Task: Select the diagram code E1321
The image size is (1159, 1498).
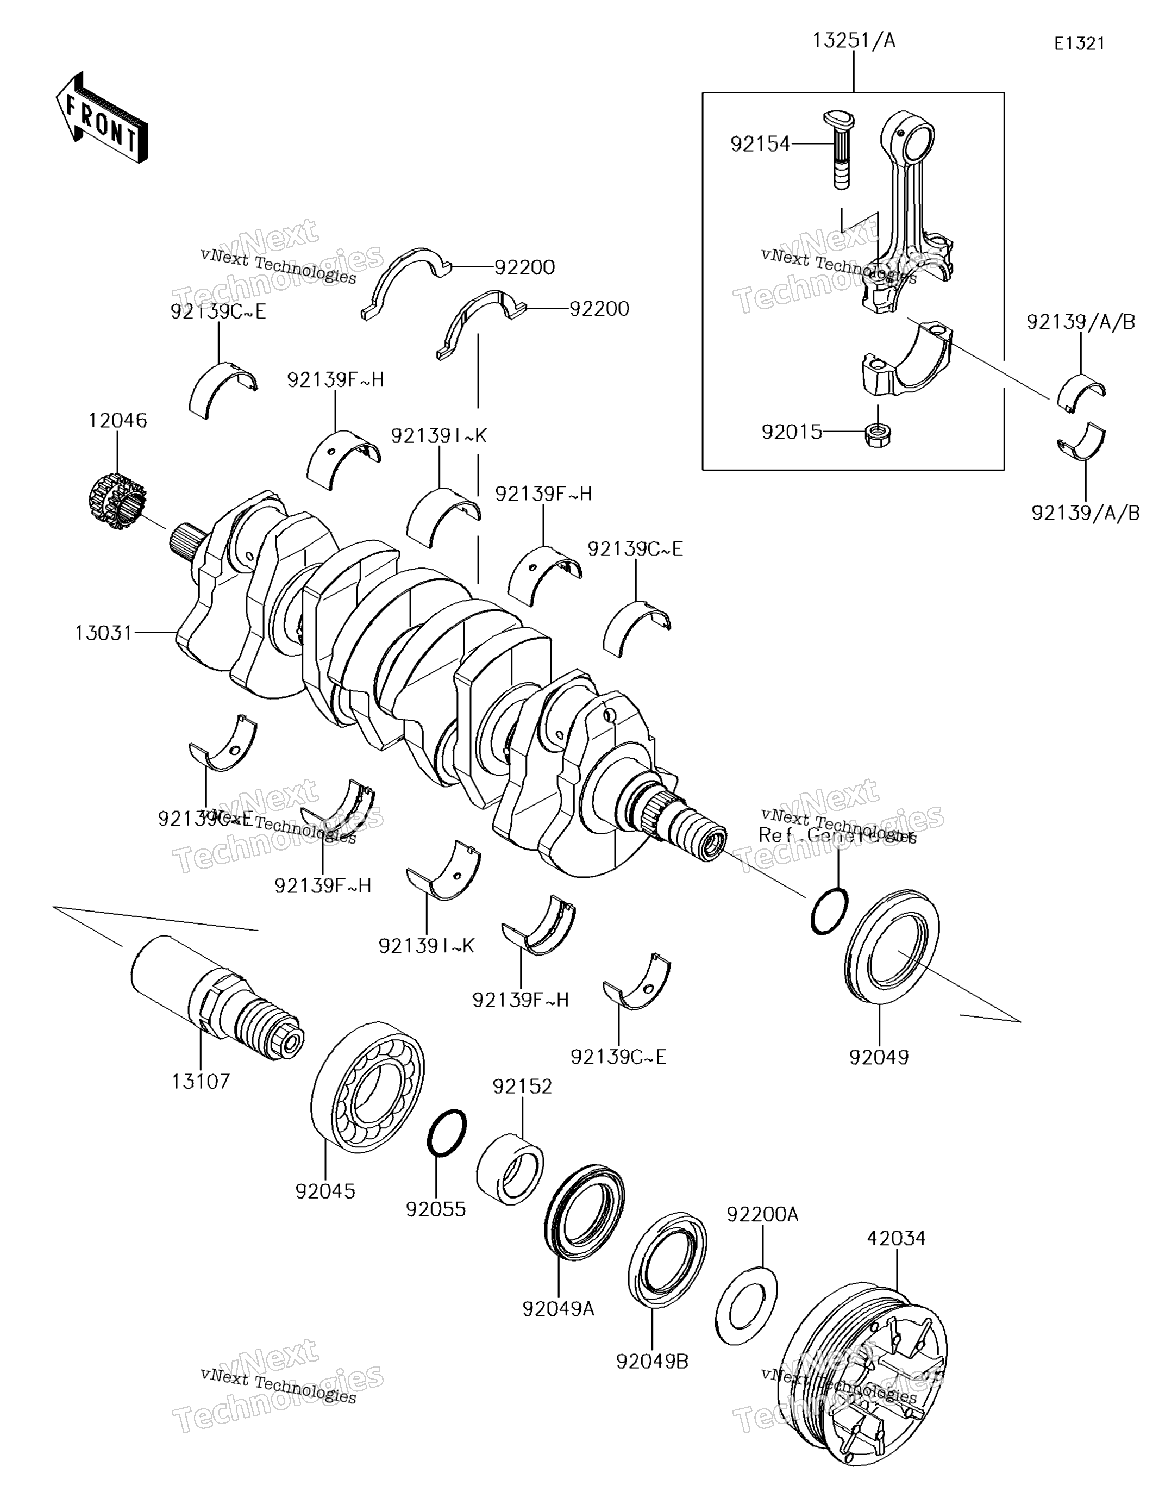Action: pyautogui.click(x=1079, y=44)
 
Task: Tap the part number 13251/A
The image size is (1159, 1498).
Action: pyautogui.click(x=854, y=41)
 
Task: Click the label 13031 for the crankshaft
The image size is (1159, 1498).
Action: pyautogui.click(x=103, y=632)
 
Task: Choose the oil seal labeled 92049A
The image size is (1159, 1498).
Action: pyautogui.click(x=584, y=1212)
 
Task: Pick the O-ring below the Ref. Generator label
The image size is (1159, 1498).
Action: pyautogui.click(x=829, y=910)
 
